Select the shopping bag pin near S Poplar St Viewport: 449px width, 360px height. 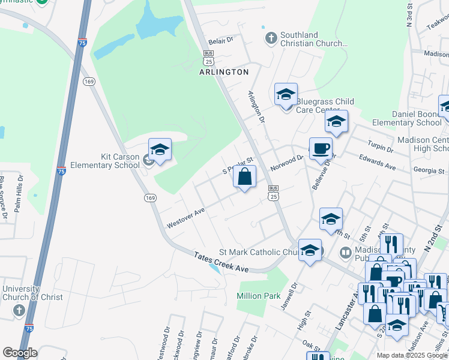(x=244, y=177)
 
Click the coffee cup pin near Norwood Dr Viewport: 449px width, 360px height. (x=321, y=148)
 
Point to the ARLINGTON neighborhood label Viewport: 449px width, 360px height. (x=224, y=72)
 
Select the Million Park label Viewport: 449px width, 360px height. (x=259, y=296)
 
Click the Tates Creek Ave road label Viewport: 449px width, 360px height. (x=221, y=263)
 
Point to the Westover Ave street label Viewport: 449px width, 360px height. (x=186, y=218)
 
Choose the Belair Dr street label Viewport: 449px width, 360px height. (x=220, y=42)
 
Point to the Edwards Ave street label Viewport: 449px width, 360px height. (x=376, y=163)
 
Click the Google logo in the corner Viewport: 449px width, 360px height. (x=20, y=353)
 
